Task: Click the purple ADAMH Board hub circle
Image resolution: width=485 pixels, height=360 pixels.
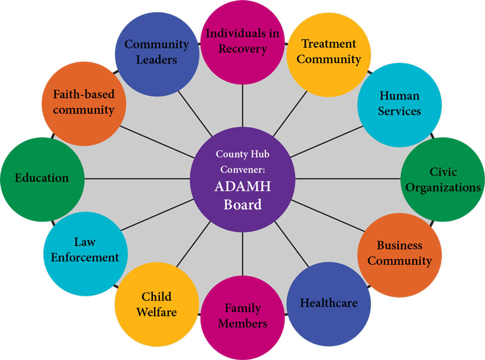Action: click(x=242, y=179)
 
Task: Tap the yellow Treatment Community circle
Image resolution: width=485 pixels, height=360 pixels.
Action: click(x=329, y=52)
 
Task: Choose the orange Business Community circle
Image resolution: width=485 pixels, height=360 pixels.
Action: click(x=399, y=253)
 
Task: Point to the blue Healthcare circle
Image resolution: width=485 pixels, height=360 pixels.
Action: click(x=329, y=303)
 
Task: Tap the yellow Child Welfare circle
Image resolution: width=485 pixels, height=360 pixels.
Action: click(x=156, y=304)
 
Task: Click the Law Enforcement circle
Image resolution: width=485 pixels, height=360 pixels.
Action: click(x=85, y=250)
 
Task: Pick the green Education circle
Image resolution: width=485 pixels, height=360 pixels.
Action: click(x=42, y=178)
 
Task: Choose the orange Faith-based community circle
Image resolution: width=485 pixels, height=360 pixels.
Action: click(x=84, y=102)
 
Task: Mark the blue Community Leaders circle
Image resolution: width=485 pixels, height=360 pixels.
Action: click(x=156, y=52)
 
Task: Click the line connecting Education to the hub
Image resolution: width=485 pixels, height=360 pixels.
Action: click(x=136, y=179)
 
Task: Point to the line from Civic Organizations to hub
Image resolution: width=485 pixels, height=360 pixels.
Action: click(x=349, y=179)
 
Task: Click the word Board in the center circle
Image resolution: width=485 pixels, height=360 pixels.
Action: click(x=242, y=204)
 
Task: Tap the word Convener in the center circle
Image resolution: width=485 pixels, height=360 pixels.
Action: click(x=242, y=170)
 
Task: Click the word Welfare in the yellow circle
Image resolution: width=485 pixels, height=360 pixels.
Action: click(x=156, y=313)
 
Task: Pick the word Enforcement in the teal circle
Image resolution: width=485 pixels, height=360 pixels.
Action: click(x=85, y=257)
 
